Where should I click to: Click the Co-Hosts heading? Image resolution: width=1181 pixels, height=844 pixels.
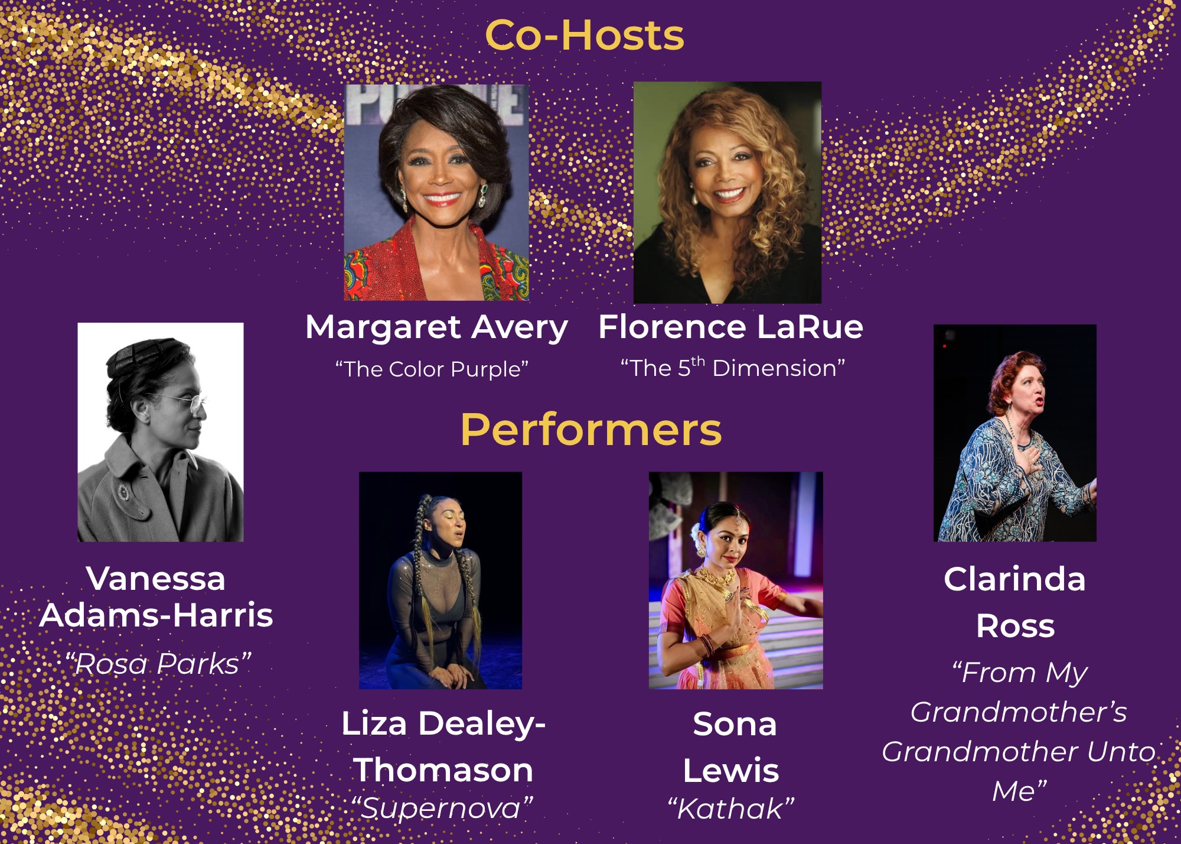[x=584, y=35]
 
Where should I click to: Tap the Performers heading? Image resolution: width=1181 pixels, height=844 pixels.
[x=591, y=430]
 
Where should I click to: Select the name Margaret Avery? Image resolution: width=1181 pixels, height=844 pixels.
[x=436, y=328]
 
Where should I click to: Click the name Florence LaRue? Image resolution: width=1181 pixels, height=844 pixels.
[x=730, y=327]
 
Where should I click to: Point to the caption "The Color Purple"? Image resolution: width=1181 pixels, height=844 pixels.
[x=432, y=369]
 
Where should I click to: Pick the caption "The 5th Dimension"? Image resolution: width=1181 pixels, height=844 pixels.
[x=732, y=367]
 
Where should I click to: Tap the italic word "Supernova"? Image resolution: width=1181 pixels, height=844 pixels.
[x=442, y=807]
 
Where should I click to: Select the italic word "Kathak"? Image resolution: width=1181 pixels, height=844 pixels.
[x=731, y=808]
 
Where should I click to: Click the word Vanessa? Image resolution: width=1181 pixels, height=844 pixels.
[x=156, y=579]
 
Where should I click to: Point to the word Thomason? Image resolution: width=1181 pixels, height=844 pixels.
[x=443, y=770]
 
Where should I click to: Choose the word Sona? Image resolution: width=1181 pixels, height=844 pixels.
[x=735, y=724]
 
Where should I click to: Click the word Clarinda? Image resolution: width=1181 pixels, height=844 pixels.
[x=1014, y=579]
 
